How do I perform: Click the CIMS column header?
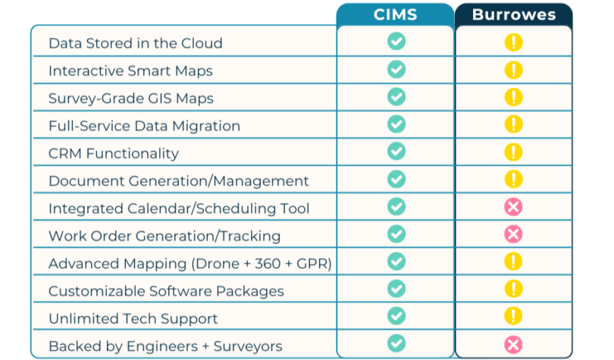tap(395, 14)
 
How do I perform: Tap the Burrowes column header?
tap(514, 14)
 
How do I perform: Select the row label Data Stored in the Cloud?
tap(136, 43)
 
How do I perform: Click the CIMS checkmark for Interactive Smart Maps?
tap(396, 69)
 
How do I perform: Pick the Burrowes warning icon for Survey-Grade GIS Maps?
tap(513, 97)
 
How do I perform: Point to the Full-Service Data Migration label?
tap(144, 126)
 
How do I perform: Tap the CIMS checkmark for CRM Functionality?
tap(396, 152)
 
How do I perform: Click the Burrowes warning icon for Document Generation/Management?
tap(513, 179)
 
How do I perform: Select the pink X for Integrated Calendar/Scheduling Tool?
tap(513, 207)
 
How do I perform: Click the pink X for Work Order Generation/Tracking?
tap(513, 234)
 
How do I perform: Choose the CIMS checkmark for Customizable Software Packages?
tap(396, 289)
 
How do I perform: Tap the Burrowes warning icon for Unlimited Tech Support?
tap(513, 316)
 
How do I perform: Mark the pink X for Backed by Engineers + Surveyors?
tap(513, 345)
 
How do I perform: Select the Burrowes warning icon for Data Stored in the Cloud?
tap(513, 42)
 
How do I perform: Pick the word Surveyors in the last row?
tap(248, 346)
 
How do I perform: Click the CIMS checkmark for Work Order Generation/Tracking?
tap(396, 233)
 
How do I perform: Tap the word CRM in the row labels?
tap(64, 153)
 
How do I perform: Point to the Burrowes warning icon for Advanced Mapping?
tap(513, 261)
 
